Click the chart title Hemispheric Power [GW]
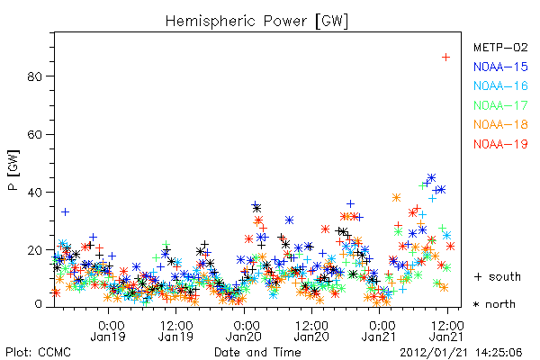click(x=256, y=22)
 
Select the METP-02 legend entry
click(x=500, y=47)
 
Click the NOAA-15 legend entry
click(x=500, y=67)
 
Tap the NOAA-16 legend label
click(x=500, y=85)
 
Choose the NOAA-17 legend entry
click(x=500, y=105)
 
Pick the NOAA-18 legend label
click(x=500, y=124)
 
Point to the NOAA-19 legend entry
click(x=500, y=144)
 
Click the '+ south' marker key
click(x=498, y=276)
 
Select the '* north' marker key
click(x=494, y=304)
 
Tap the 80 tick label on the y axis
click(x=34, y=76)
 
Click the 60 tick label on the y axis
click(x=34, y=134)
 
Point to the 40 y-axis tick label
click(x=34, y=193)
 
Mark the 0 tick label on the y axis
click(x=38, y=304)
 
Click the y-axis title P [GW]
click(x=13, y=170)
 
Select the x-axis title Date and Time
click(x=257, y=352)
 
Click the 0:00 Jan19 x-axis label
click(x=108, y=331)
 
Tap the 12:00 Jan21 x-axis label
click(x=447, y=331)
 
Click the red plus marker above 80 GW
click(x=446, y=58)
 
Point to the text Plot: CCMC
click(x=38, y=352)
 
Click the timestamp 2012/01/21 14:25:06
click(x=461, y=353)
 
